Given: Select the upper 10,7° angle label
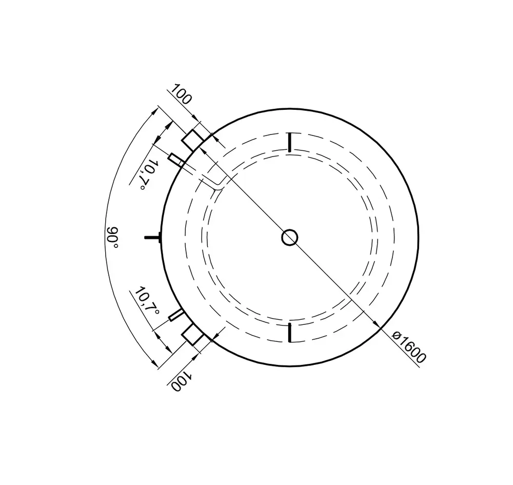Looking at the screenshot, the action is (x=147, y=175).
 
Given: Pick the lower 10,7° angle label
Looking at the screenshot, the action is (x=147, y=301).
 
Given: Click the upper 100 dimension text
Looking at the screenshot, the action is (x=181, y=94).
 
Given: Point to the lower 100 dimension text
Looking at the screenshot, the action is (x=181, y=381).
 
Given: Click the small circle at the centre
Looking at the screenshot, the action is (x=289, y=238).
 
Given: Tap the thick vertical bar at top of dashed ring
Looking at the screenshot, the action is (x=289, y=142).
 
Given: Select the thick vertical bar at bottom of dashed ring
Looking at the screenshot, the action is (x=289, y=332).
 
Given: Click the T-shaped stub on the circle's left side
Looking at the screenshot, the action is (x=153, y=237).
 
